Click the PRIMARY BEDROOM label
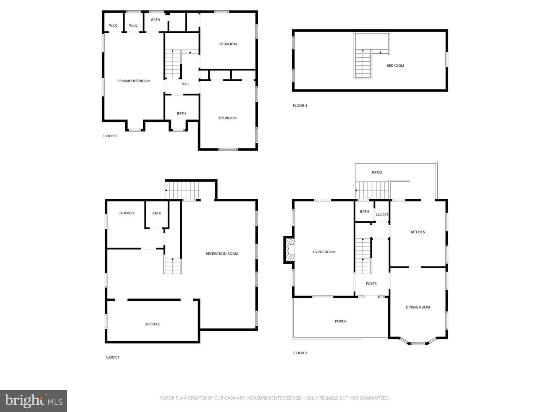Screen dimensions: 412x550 [x=134, y=81]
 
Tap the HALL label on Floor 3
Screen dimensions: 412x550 [x=186, y=84]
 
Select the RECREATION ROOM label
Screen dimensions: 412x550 [x=222, y=254]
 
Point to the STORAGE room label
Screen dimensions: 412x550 [x=152, y=324]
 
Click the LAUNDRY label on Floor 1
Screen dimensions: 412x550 [x=126, y=213]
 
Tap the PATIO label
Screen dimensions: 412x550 [x=377, y=172]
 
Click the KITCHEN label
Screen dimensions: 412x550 [x=418, y=232]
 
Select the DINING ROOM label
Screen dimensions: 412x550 [x=417, y=307]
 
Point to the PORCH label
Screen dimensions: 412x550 [x=341, y=321]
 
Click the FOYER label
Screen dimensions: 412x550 [x=371, y=284]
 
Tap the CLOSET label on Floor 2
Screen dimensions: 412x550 [x=382, y=215]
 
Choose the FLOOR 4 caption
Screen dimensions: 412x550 [x=300, y=106]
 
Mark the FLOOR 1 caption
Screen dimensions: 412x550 [x=112, y=357]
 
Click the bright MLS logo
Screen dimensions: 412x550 [x=34, y=401]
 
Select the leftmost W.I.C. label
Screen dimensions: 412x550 [x=113, y=26]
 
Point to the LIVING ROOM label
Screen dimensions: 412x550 [x=324, y=252]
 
